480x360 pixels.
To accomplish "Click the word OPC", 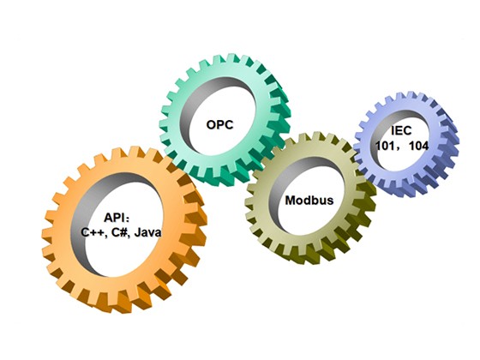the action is (219, 124).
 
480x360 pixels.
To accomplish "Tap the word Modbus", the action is (309, 201).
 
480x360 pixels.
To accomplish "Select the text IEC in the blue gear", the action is (401, 130).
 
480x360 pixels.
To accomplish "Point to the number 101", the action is (385, 146).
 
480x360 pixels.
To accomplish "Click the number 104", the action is (419, 146).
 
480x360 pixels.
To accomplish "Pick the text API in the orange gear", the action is (114, 218).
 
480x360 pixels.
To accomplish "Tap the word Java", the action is (147, 232).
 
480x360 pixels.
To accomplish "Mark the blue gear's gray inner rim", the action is (375, 132).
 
